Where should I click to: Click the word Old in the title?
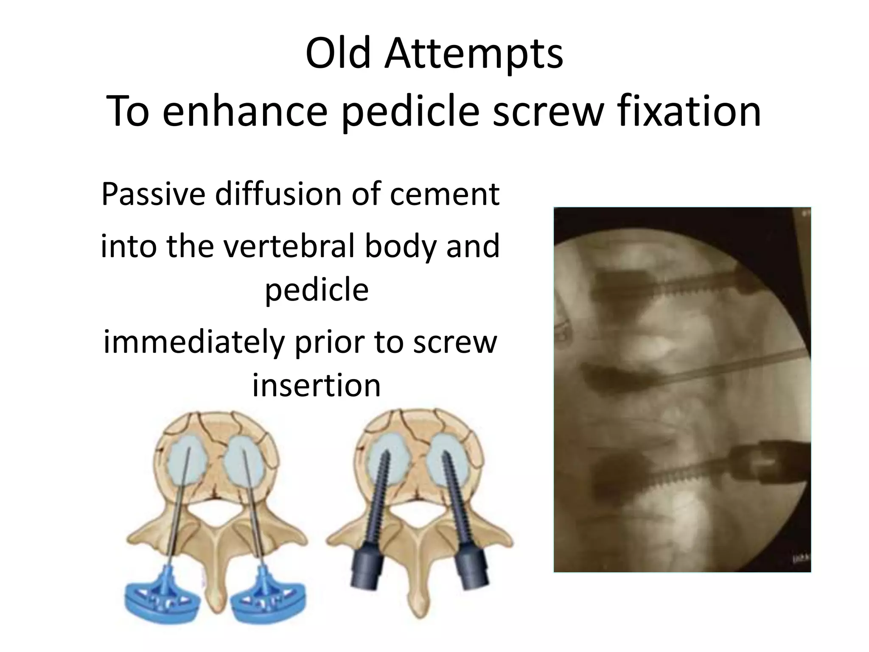[338, 54]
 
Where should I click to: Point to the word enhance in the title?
[245, 111]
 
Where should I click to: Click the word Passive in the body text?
[154, 194]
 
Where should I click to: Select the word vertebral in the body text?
[289, 246]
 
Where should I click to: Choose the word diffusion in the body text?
[278, 194]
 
